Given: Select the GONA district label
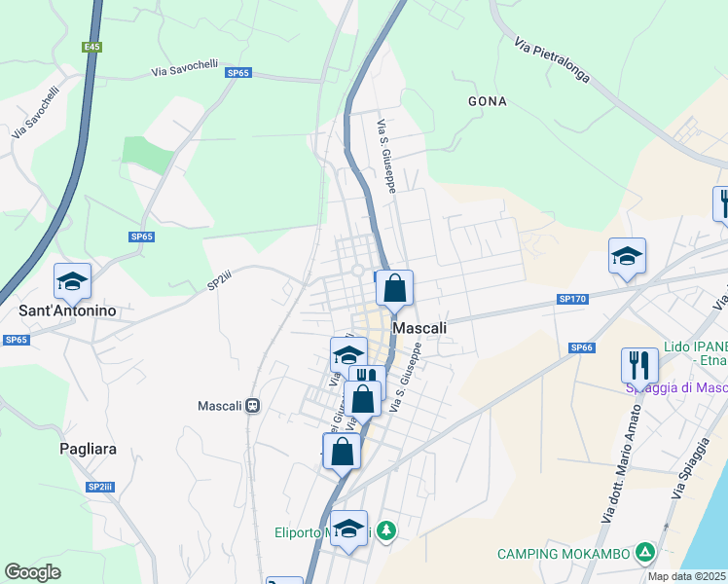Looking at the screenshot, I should click(x=487, y=100).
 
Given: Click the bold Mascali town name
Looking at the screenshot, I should click(x=419, y=328).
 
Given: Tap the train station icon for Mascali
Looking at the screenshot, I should click(x=252, y=406).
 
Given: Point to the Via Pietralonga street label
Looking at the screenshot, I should click(x=550, y=61).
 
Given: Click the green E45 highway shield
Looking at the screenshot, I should click(x=91, y=47).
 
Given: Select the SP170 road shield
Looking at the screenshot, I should click(x=572, y=299).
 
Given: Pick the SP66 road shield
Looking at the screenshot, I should click(x=582, y=347).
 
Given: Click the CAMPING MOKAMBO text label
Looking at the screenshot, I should click(x=563, y=554).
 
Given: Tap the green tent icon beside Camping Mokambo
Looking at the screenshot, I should click(x=643, y=553).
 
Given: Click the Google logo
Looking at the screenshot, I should click(x=33, y=572).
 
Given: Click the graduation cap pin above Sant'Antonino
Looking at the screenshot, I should click(x=72, y=281).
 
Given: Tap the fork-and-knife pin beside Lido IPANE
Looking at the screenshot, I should click(x=639, y=365).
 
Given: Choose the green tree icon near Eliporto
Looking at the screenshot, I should click(x=387, y=530).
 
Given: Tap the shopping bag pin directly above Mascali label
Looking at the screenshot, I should click(x=394, y=288).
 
